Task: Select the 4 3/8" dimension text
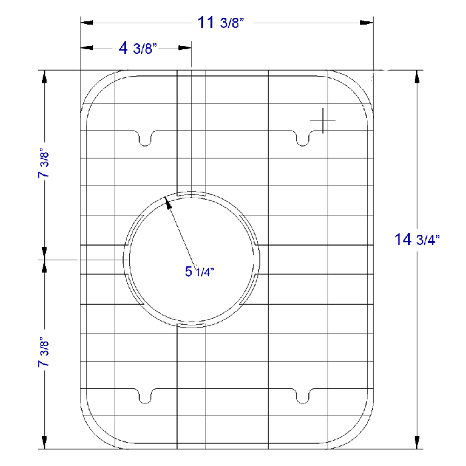point(136,48)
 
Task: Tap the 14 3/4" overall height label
point(417,240)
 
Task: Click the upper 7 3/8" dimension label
point(45,163)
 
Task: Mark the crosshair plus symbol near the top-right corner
point(323,120)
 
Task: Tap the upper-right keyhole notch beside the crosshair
point(303,138)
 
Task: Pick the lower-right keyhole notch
point(303,395)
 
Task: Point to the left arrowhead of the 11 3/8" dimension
point(85,23)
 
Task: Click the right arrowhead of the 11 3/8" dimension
point(367,23)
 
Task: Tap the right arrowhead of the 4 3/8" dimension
point(186,48)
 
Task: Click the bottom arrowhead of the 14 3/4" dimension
point(417,443)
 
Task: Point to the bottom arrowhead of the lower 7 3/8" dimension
point(45,443)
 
